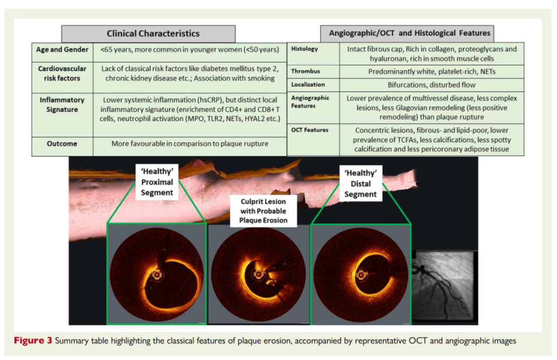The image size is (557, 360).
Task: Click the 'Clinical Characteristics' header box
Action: [148, 34]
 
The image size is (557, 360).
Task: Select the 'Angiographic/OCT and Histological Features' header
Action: [407, 34]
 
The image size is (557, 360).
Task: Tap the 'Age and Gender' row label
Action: [62, 50]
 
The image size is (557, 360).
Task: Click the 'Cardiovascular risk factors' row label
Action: [62, 73]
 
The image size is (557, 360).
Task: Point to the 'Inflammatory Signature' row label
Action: [62, 105]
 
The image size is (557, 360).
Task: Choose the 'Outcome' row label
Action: [62, 143]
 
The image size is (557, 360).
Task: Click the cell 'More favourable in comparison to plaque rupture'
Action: [190, 143]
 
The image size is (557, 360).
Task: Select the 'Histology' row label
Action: [304, 48]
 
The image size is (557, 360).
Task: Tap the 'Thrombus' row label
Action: [305, 71]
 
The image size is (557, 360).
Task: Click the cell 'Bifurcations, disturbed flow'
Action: [431, 85]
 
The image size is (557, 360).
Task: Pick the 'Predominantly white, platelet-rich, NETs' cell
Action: [432, 71]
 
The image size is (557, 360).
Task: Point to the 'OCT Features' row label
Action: [310, 130]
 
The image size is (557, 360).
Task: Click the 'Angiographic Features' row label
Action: [310, 102]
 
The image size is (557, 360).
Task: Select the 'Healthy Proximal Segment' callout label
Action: [157, 182]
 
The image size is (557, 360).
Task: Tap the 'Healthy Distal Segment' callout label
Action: [361, 184]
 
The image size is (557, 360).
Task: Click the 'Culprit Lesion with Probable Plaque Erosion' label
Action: [263, 211]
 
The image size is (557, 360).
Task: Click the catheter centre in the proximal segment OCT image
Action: [156, 274]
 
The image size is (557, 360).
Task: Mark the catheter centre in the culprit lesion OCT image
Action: [258, 274]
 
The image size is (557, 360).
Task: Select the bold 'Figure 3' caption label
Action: [33, 340]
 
